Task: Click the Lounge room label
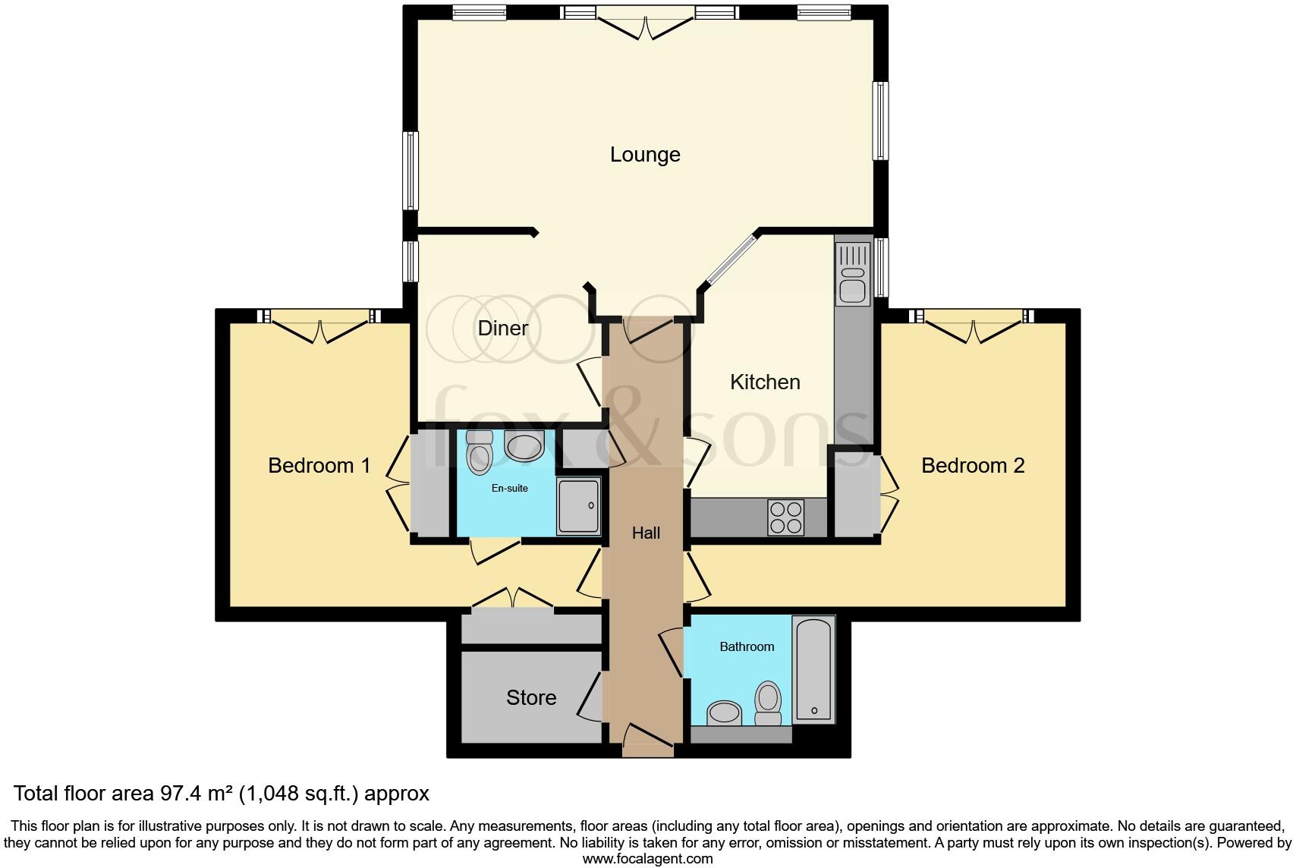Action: (x=645, y=155)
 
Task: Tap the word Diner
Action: (x=502, y=329)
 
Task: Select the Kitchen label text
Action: (x=765, y=382)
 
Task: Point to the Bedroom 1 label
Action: (x=319, y=465)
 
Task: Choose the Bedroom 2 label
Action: (x=973, y=465)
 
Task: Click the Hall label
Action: (x=646, y=533)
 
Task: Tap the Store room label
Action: (x=531, y=697)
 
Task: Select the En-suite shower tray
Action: (x=578, y=505)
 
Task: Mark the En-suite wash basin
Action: (x=524, y=447)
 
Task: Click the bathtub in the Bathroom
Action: (x=813, y=669)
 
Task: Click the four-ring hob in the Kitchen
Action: (x=785, y=517)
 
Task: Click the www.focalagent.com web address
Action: (x=647, y=859)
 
